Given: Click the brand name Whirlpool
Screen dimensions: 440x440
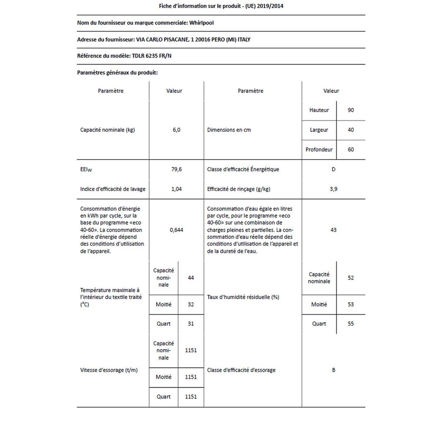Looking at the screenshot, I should pyautogui.click(x=201, y=23).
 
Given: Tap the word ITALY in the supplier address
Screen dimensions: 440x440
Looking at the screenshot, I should pyautogui.click(x=244, y=40).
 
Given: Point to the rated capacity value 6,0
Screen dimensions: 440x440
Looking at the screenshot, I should pyautogui.click(x=176, y=130).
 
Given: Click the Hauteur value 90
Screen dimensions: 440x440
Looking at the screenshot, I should pyautogui.click(x=351, y=110).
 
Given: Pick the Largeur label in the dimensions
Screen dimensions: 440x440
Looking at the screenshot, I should pyautogui.click(x=319, y=130).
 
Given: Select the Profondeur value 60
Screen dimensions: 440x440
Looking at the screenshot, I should pyautogui.click(x=351, y=150).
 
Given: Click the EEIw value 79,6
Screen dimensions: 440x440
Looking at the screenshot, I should pyautogui.click(x=176, y=169).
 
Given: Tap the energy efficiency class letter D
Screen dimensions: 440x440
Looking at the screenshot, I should pyautogui.click(x=333, y=169).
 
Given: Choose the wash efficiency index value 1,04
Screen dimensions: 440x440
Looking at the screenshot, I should pyautogui.click(x=176, y=189).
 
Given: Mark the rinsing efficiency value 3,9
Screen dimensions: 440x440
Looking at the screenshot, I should pyautogui.click(x=333, y=189).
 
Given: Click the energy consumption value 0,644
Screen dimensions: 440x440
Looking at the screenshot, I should pyautogui.click(x=176, y=230).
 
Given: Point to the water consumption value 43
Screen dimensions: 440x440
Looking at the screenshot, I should pyautogui.click(x=333, y=230).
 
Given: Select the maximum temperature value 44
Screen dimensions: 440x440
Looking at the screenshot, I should pyautogui.click(x=191, y=278).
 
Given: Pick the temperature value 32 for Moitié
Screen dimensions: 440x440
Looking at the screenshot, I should pyautogui.click(x=191, y=304).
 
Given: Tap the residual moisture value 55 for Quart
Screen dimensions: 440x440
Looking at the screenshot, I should pyautogui.click(x=351, y=324).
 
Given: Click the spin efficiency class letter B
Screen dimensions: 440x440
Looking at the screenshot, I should pyautogui.click(x=333, y=370).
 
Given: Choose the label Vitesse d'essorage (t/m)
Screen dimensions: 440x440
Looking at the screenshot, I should pyautogui.click(x=109, y=370).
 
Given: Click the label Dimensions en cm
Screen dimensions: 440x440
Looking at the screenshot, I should pyautogui.click(x=229, y=130).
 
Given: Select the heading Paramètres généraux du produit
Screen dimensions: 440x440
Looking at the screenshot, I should pyautogui.click(x=117, y=73).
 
